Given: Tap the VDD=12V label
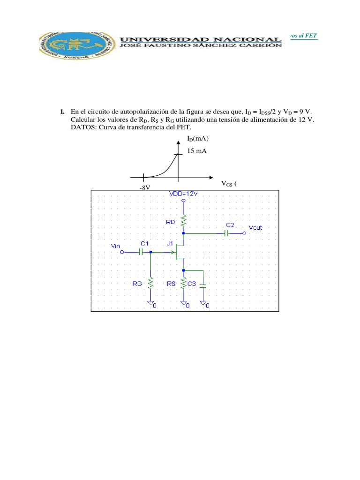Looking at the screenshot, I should point(184,194).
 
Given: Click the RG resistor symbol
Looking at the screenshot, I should point(151,283).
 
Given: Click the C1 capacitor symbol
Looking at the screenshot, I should point(140,252).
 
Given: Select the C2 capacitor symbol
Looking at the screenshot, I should point(225,233).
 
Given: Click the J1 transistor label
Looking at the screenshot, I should point(169,244).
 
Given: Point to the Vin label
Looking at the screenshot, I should point(115,246).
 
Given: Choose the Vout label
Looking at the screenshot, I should point(256,227).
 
